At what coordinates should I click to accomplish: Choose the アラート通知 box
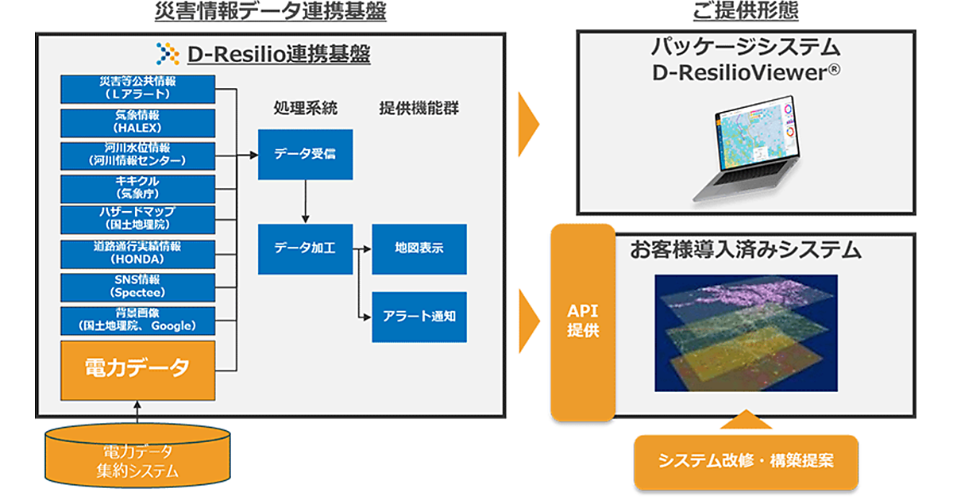point(419,316)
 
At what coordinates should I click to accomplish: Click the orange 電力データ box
point(137,369)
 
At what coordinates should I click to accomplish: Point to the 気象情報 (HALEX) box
point(137,123)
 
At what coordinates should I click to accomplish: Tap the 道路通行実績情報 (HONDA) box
point(137,253)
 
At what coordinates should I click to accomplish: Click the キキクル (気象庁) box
point(137,188)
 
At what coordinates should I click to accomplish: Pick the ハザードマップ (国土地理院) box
point(137,218)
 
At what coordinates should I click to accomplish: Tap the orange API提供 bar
point(583,321)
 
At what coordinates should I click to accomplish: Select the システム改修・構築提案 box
point(746,461)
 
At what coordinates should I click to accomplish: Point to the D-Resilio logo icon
point(168,54)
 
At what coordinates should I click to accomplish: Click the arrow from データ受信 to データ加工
point(304,202)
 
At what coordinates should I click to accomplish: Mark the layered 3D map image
point(746,333)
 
